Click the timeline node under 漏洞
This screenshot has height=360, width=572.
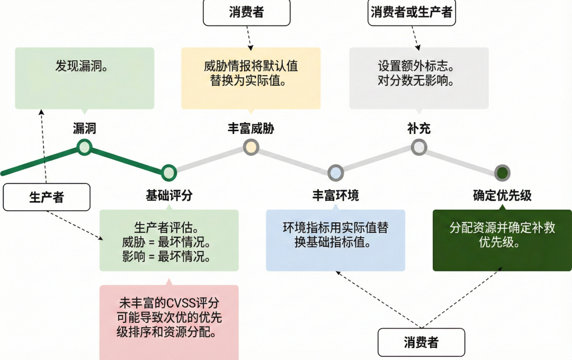click(84, 147)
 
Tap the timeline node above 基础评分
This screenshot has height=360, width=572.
click(168, 172)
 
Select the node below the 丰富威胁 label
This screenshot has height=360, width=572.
click(251, 147)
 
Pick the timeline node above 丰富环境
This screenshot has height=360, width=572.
click(335, 172)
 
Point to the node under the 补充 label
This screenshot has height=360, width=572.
click(419, 147)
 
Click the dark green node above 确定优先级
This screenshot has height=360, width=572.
click(502, 173)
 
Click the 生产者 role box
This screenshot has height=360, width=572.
click(46, 197)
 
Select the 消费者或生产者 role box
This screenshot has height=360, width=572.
click(412, 12)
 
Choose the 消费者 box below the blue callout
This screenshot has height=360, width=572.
click(421, 342)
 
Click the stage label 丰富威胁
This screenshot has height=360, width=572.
click(251, 128)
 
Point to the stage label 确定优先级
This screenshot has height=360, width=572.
click(502, 196)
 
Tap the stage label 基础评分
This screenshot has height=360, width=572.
click(169, 196)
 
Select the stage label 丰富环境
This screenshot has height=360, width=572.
click(335, 196)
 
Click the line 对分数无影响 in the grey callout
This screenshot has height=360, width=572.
click(418, 81)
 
